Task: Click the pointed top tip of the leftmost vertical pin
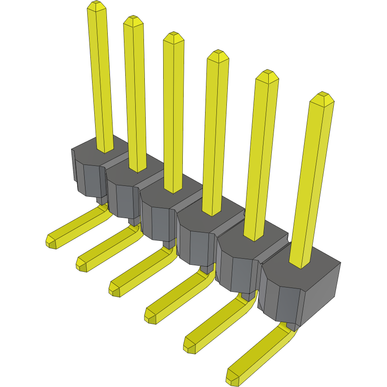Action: click(x=96, y=6)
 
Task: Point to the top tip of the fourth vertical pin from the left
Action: click(x=218, y=55)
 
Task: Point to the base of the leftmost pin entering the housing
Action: click(x=105, y=149)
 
